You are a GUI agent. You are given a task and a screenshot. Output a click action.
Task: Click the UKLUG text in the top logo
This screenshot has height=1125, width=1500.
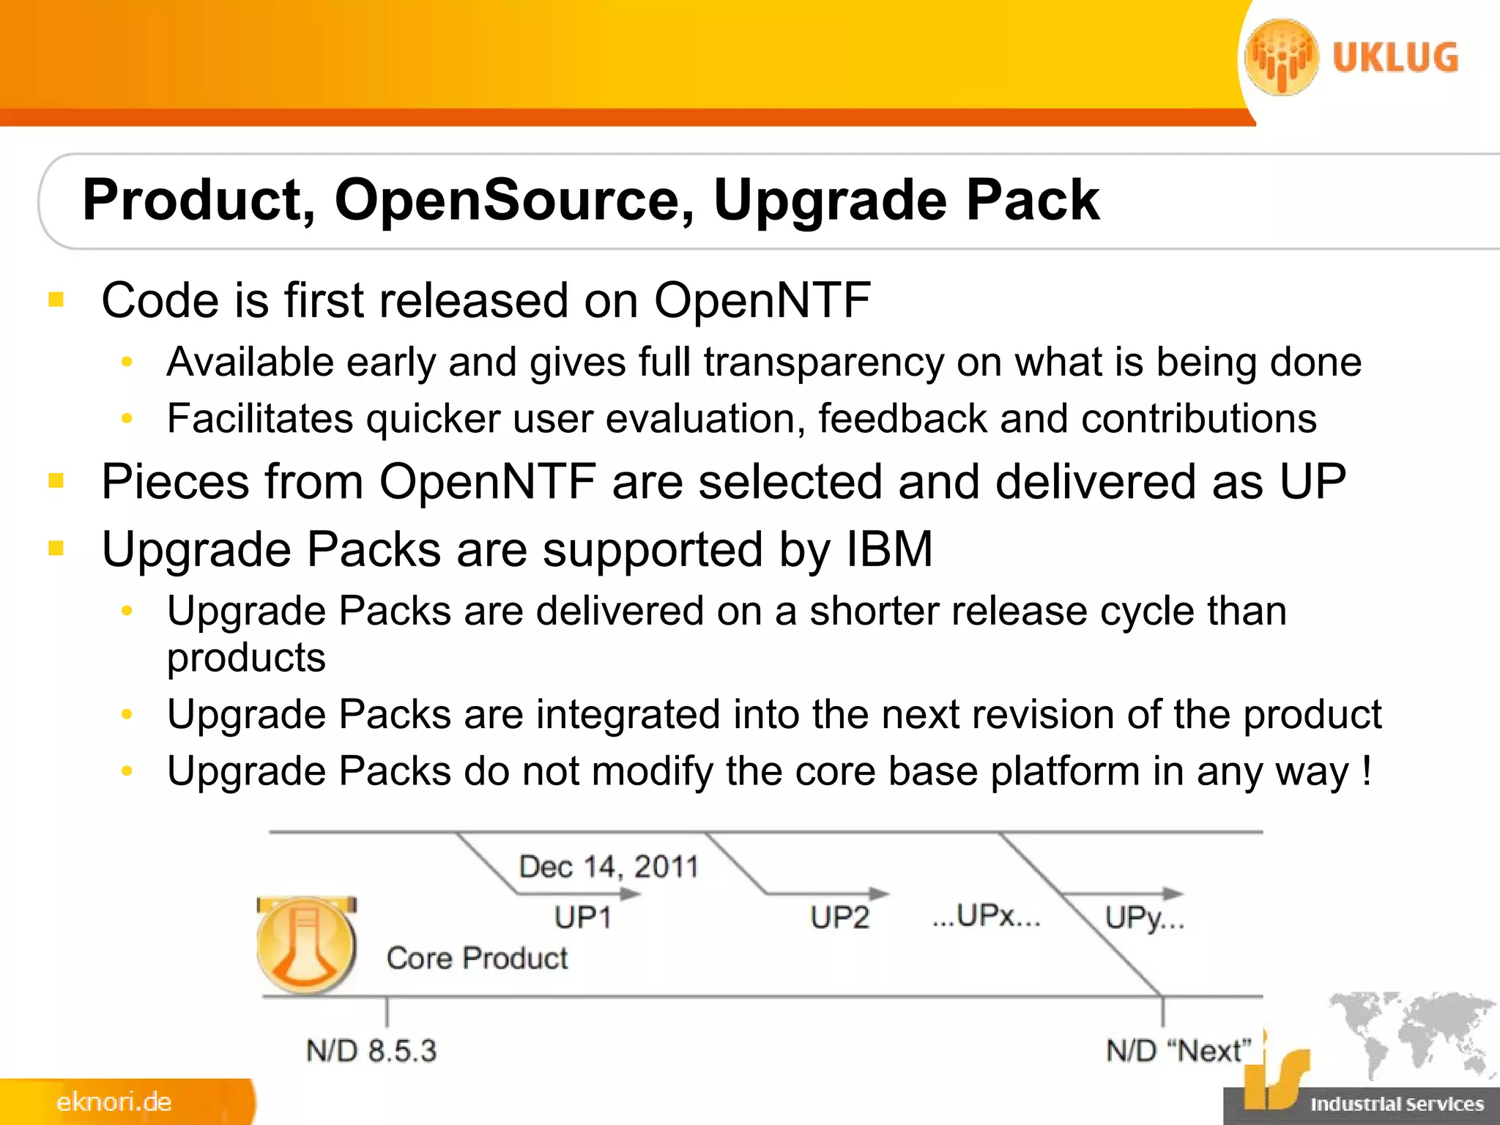[1395, 58]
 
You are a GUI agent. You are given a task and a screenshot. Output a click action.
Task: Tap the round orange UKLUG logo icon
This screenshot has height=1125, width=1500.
[1282, 58]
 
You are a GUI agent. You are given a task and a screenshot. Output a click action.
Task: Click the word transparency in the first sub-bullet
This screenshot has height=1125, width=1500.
[824, 363]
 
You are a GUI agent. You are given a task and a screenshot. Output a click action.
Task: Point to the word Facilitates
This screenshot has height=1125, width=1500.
[260, 418]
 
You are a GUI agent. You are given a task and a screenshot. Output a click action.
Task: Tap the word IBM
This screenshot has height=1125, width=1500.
[889, 549]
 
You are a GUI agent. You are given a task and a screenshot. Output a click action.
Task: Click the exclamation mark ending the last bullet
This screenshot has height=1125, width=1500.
[1366, 771]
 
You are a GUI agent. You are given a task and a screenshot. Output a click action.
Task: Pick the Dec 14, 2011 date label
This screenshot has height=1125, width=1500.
[608, 867]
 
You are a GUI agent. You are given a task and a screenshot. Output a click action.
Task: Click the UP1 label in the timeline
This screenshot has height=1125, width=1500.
[582, 917]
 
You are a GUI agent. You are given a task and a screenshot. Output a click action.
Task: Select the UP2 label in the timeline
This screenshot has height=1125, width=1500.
[839, 917]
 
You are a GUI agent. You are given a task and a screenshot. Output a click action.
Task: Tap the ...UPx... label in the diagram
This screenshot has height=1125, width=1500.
[986, 916]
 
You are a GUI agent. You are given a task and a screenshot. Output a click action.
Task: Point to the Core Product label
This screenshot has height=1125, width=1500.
[477, 958]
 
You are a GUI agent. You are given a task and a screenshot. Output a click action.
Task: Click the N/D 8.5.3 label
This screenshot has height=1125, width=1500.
[371, 1051]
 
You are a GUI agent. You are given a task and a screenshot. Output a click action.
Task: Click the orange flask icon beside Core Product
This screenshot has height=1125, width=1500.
[306, 946]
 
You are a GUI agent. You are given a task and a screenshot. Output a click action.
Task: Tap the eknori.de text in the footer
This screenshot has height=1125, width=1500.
[114, 1102]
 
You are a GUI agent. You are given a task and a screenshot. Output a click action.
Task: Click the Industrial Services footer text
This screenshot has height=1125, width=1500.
[1397, 1104]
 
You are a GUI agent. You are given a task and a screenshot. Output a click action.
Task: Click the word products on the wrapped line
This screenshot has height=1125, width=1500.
[246, 658]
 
